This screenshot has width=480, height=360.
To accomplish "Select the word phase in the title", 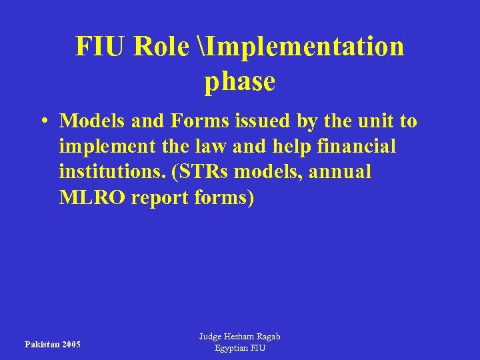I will (239, 81).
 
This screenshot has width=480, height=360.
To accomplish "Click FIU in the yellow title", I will (100, 47).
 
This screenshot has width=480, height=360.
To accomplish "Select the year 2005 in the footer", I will (70, 345).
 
